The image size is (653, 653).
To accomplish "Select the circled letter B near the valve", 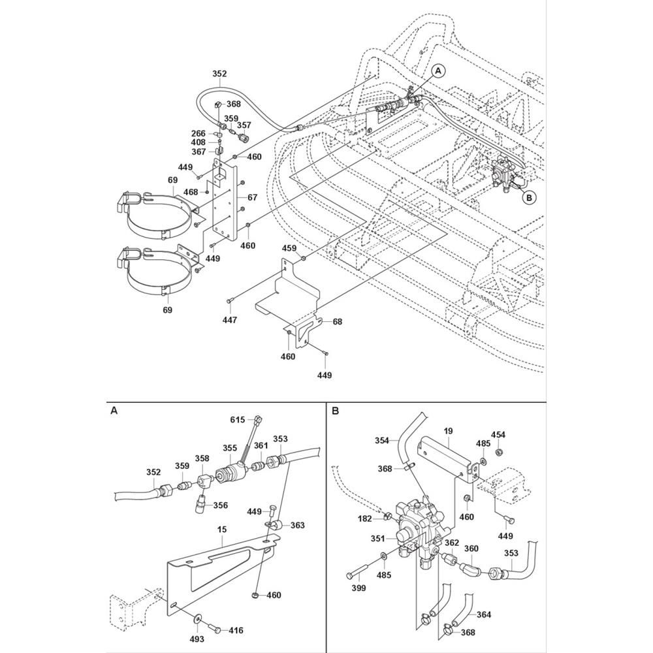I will (x=530, y=195).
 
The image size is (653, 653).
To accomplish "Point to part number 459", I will (x=290, y=248).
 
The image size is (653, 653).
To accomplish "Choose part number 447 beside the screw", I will (x=229, y=320).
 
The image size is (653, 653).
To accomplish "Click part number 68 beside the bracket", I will (x=337, y=322).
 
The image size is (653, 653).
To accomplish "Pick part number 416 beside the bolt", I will (x=234, y=630).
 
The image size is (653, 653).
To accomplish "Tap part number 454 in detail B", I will (x=498, y=434).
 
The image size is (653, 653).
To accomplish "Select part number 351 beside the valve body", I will (x=379, y=538).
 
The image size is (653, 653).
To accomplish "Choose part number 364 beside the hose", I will (x=484, y=614).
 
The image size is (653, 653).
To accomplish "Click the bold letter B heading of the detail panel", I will (x=335, y=411).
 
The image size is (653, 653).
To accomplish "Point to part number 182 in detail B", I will (x=364, y=518).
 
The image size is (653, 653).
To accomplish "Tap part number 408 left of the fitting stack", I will (x=198, y=142).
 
